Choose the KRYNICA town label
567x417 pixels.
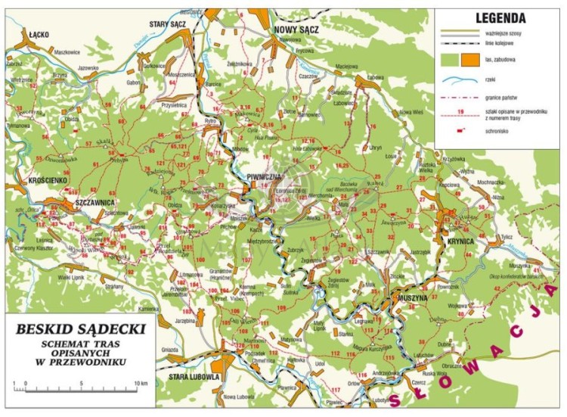click(x=460, y=240)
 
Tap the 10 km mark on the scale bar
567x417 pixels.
click(x=141, y=384)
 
